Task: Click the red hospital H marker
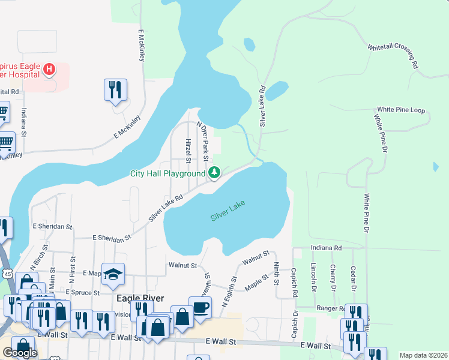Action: tap(49, 70)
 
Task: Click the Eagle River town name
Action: tap(140, 298)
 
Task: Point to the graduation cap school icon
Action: tap(113, 274)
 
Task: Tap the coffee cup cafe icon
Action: tap(200, 308)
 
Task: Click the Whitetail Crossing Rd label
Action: tap(393, 56)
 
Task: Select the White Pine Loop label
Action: tap(400, 110)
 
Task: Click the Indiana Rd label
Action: tap(326, 247)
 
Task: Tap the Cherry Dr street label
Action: tap(333, 277)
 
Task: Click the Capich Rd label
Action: tap(295, 286)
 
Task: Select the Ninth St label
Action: tap(276, 272)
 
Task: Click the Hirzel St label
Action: tap(188, 151)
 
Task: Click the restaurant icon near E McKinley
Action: tap(115, 91)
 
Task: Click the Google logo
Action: tap(20, 353)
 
